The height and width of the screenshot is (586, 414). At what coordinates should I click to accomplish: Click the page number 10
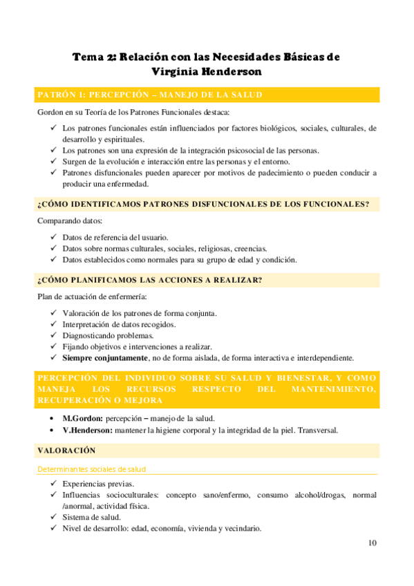click(373, 543)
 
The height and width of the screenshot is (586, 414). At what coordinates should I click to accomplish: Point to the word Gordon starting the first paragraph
click(50, 112)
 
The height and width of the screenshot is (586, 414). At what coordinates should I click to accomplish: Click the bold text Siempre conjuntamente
click(104, 358)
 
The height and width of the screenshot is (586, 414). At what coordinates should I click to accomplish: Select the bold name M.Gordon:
click(82, 419)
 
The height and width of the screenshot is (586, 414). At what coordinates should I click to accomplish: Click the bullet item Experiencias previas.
click(97, 484)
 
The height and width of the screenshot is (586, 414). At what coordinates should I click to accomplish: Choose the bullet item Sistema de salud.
click(91, 518)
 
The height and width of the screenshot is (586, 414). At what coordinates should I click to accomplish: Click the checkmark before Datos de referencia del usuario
click(54, 238)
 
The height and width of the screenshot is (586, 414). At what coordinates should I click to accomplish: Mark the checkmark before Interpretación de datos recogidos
click(54, 324)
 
